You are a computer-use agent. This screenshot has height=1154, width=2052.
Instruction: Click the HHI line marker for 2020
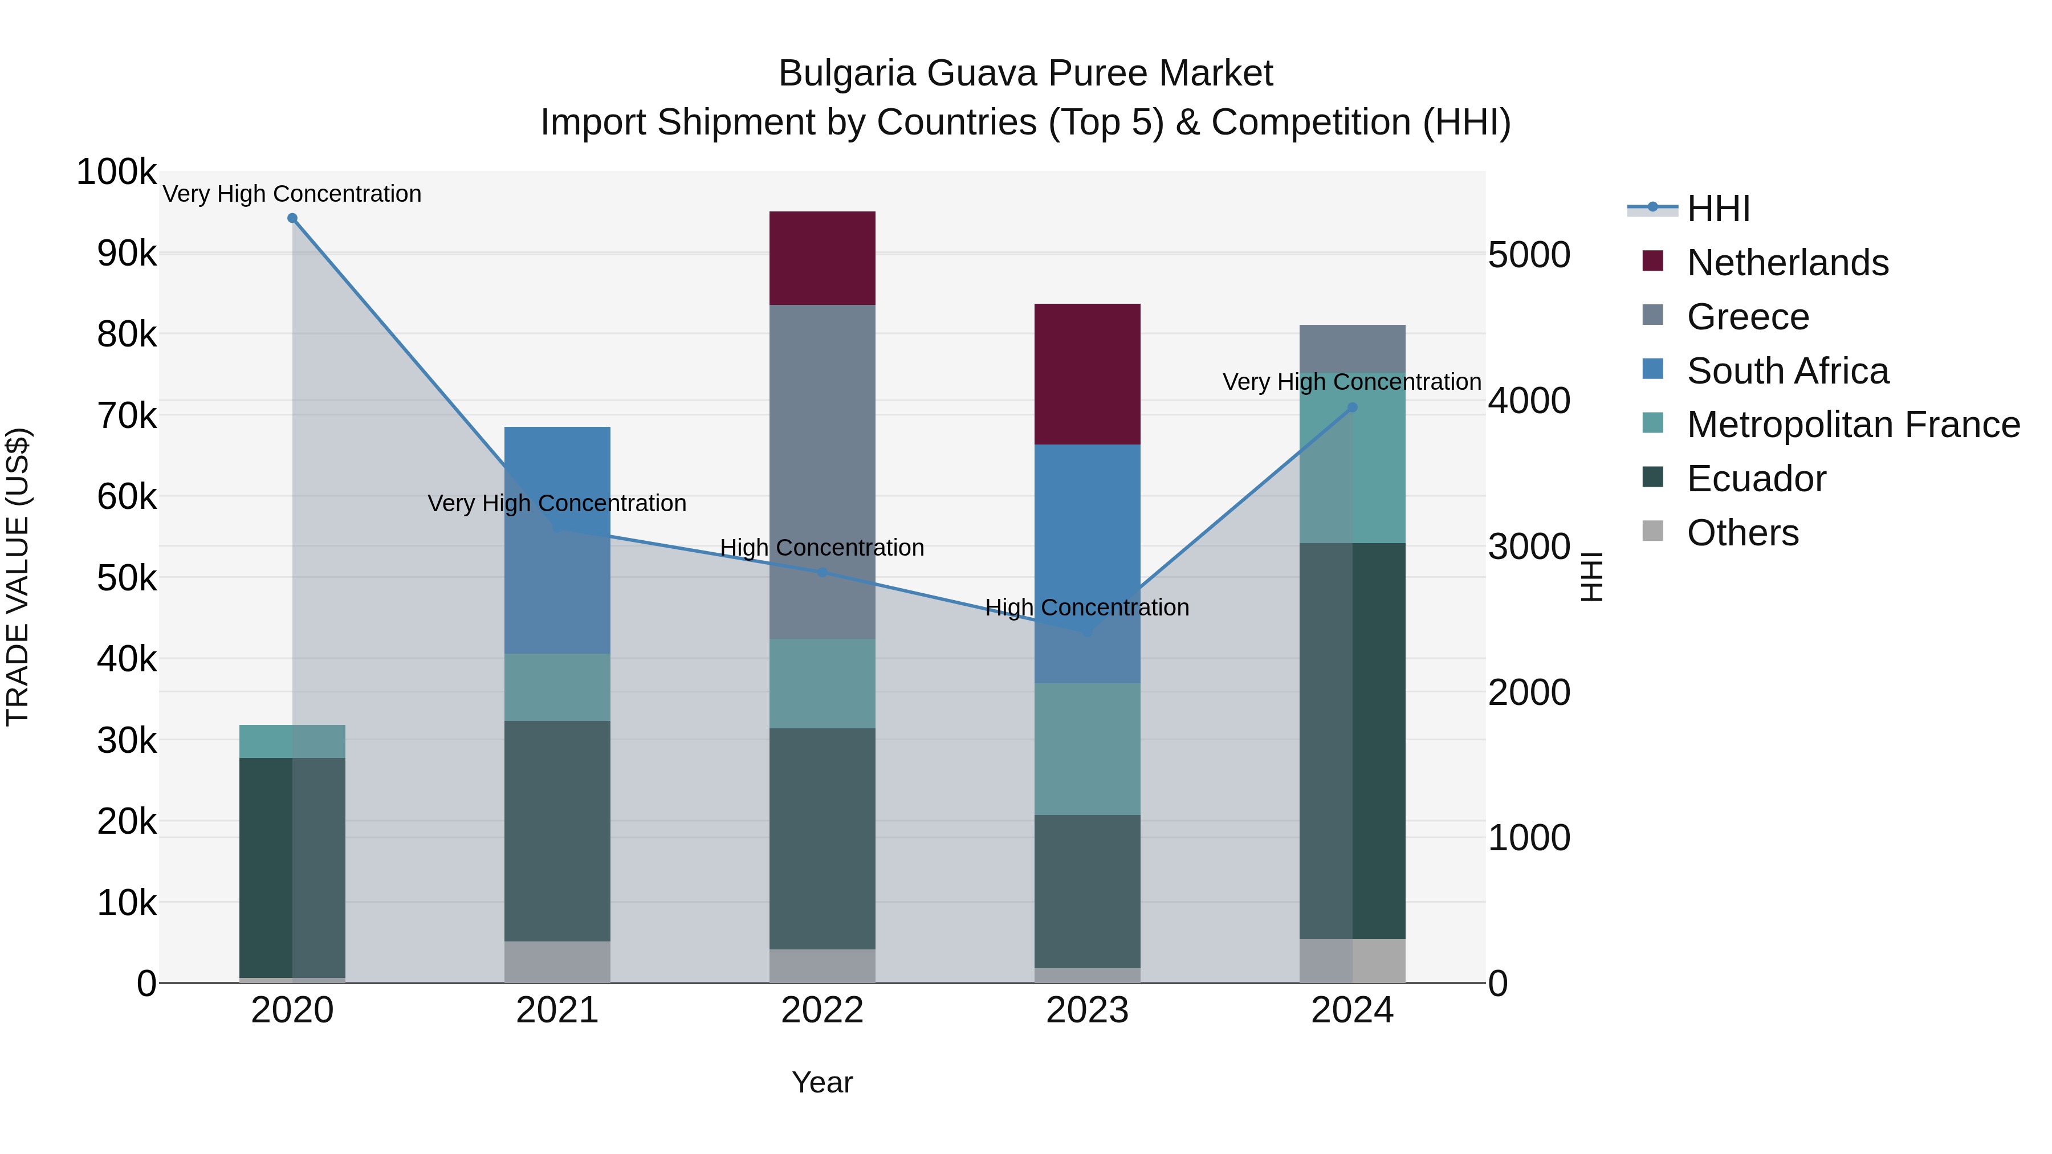click(x=292, y=218)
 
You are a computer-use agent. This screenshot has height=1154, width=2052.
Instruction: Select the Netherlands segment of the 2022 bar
click(x=822, y=258)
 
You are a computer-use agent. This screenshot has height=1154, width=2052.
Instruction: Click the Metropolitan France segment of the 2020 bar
click(x=292, y=741)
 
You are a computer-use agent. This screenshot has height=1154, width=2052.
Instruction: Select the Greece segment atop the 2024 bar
click(x=1352, y=348)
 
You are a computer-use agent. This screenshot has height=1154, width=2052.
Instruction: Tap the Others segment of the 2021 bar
click(x=557, y=962)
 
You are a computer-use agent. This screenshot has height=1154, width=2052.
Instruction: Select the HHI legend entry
click(x=1718, y=209)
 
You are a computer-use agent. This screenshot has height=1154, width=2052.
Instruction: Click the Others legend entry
click(x=1742, y=533)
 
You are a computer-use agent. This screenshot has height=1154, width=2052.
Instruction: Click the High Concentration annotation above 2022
click(x=822, y=548)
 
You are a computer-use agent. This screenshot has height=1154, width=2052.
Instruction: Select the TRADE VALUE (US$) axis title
click(x=18, y=577)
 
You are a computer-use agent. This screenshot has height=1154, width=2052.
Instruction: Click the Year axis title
click(x=822, y=1082)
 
